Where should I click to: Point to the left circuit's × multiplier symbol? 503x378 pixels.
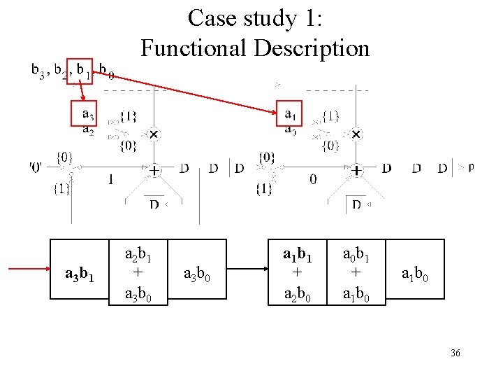click(x=153, y=134)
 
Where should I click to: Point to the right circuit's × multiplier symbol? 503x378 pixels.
click(x=356, y=134)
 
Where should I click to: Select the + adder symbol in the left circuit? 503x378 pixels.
click(x=152, y=169)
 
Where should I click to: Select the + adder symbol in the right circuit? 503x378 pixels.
click(x=356, y=169)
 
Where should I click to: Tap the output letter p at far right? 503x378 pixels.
click(x=471, y=167)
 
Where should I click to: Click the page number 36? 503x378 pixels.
click(x=455, y=353)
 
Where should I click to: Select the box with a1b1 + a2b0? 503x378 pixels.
click(x=298, y=273)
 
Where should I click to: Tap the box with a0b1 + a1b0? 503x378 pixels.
click(x=357, y=273)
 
